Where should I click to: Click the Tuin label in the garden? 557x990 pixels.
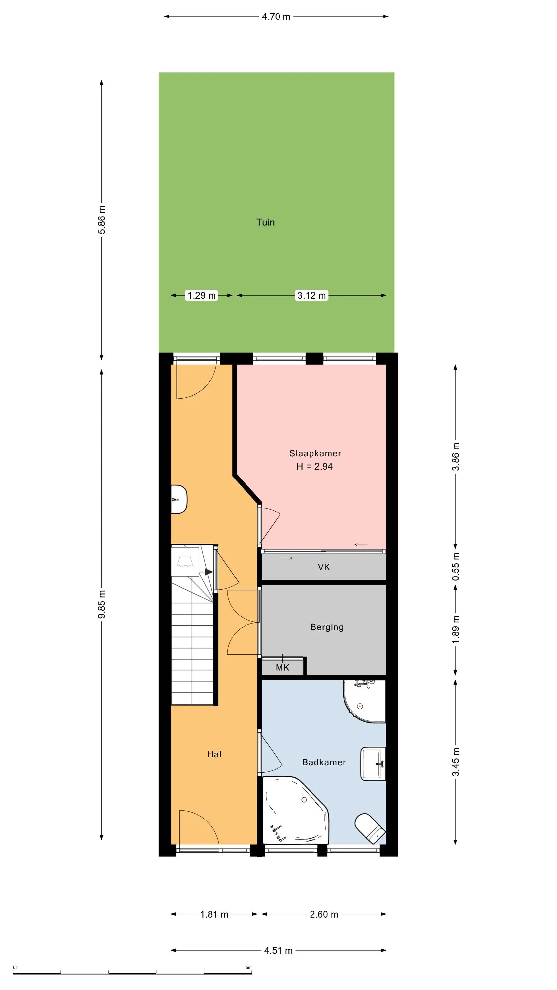tap(265, 222)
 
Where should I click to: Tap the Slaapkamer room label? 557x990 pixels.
tap(315, 453)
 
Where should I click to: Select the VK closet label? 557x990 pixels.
tap(324, 567)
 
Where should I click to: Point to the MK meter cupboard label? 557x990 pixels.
tap(282, 668)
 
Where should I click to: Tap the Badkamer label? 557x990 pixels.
tap(324, 762)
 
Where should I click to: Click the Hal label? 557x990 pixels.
tap(214, 754)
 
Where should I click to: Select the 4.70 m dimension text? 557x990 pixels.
tap(276, 16)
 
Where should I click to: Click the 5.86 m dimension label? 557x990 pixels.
tap(102, 220)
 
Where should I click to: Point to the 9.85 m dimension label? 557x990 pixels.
tap(102, 605)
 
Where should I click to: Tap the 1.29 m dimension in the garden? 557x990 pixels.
tap(201, 295)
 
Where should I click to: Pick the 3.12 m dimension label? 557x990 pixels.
tap(311, 295)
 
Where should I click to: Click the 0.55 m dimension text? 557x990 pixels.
tap(455, 567)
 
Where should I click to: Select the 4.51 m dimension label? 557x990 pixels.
tap(278, 950)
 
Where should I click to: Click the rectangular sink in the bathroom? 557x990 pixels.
tap(373, 764)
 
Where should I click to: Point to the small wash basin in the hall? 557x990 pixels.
tap(179, 499)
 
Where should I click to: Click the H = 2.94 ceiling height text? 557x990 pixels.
tap(314, 466)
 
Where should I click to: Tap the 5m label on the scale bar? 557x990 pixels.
tap(249, 967)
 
